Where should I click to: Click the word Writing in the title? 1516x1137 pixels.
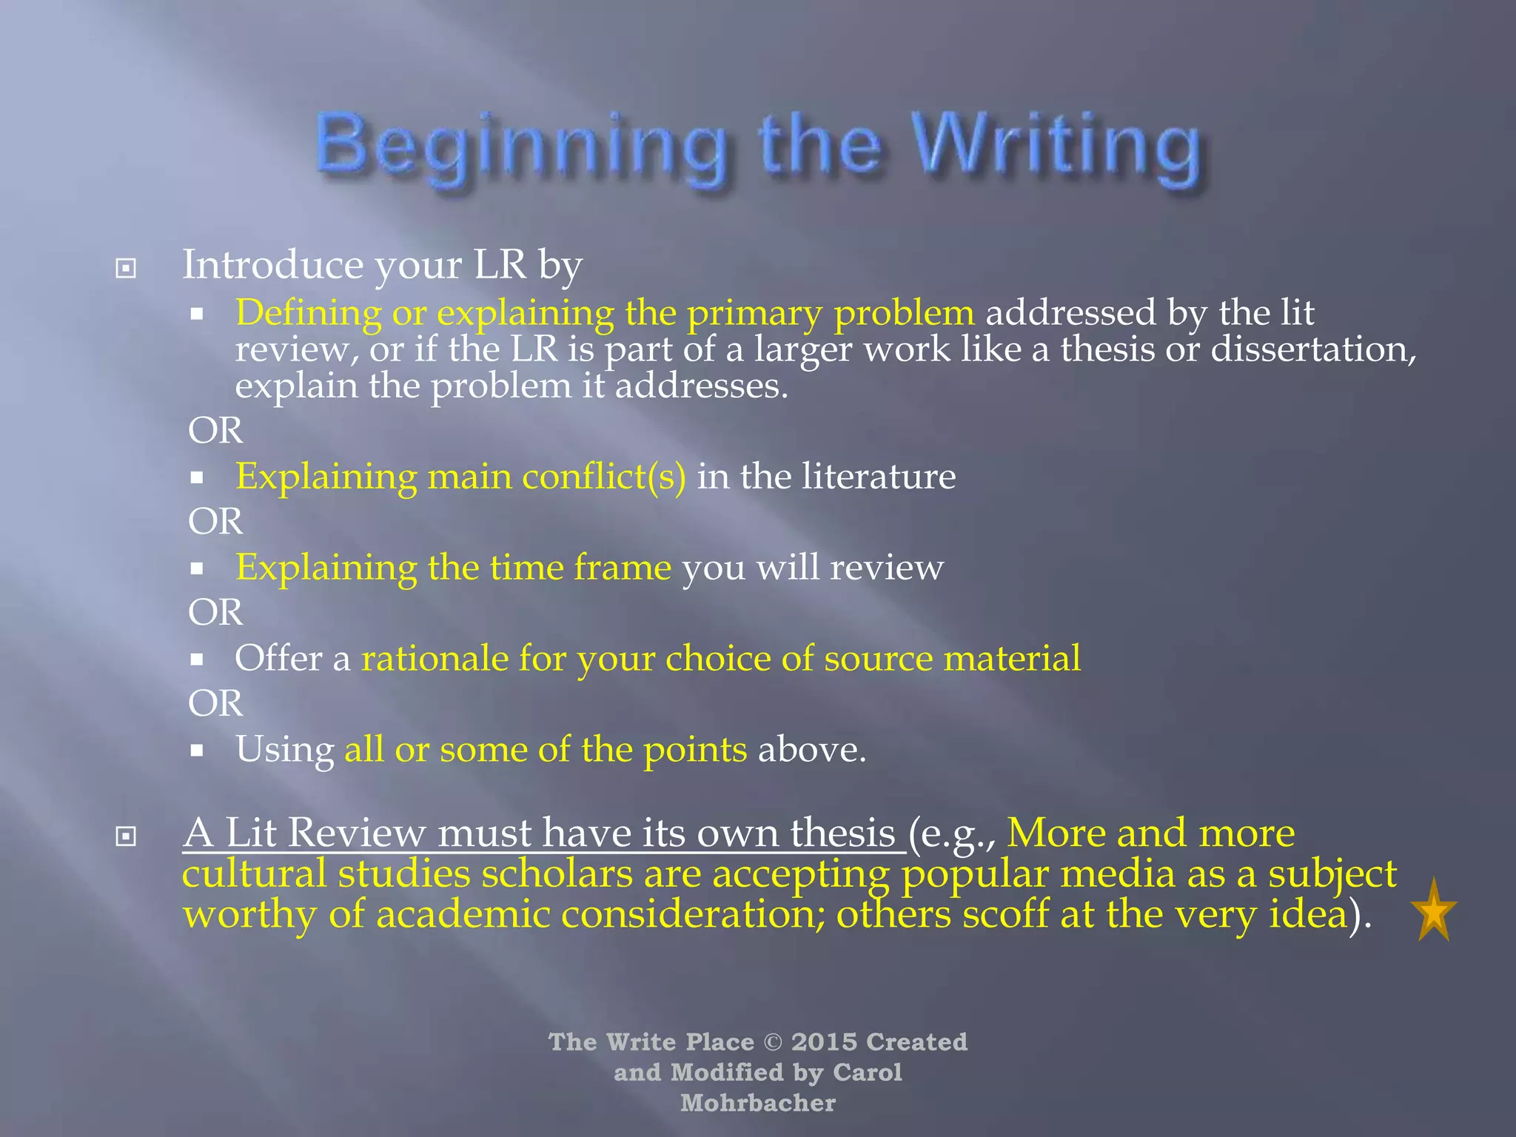click(x=1055, y=144)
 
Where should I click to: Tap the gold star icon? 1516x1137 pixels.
click(x=1434, y=911)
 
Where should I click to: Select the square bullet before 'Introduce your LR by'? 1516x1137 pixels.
click(x=126, y=268)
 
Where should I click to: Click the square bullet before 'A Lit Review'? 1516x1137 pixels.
click(x=126, y=836)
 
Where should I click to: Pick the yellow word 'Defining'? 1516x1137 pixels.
click(x=308, y=313)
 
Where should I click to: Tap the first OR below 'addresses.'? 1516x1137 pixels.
click(x=215, y=431)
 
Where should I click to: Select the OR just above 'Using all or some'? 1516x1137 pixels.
click(x=215, y=703)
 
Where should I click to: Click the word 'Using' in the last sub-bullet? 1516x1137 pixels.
click(x=284, y=750)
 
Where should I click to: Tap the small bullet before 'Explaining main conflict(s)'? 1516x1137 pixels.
click(x=196, y=478)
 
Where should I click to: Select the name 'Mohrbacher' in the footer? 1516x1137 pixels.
click(x=758, y=1103)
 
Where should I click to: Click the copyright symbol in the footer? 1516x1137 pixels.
click(x=772, y=1042)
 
